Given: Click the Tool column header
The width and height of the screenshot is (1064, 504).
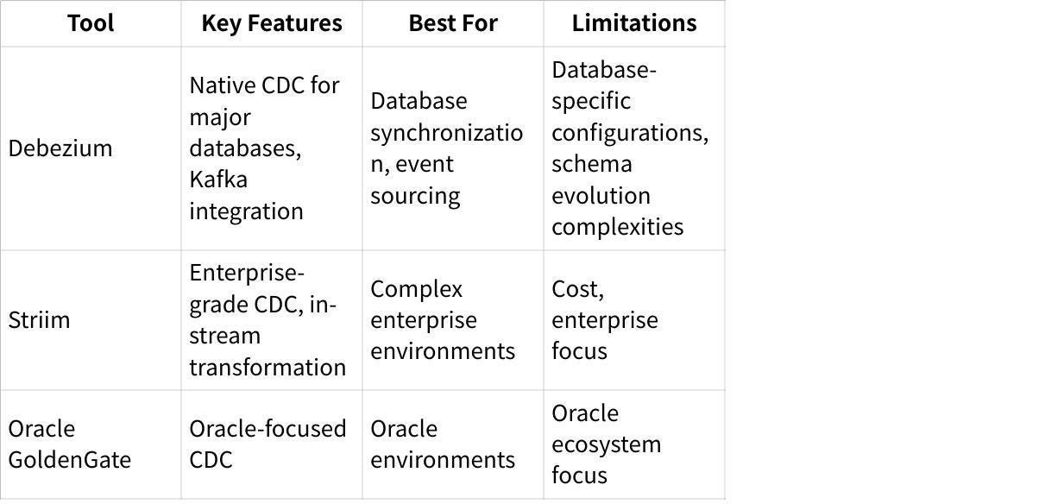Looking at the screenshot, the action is (91, 23).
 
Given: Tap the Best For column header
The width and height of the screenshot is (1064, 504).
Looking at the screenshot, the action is (453, 23).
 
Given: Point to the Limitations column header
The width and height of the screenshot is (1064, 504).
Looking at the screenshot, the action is (634, 23).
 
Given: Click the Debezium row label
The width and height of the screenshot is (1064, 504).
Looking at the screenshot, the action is (60, 148).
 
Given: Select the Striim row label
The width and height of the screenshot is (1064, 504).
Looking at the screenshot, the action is (39, 319).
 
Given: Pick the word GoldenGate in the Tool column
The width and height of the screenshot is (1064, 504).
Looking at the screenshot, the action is (69, 460).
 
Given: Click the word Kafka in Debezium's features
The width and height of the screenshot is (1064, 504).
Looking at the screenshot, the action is (218, 180).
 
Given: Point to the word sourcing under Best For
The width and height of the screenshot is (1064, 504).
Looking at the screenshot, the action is (415, 196).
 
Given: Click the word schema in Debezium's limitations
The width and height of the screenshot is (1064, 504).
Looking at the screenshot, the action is (592, 164).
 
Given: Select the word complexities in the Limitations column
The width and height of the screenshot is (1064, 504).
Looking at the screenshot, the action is (618, 228).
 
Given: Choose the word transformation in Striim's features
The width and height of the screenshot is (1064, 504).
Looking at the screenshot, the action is (268, 368).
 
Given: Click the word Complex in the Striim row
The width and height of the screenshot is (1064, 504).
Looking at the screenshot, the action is (416, 289).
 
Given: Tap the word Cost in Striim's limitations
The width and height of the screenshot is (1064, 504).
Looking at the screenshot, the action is (577, 289).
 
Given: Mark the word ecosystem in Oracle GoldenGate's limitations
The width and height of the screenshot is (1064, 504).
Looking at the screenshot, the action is (606, 445).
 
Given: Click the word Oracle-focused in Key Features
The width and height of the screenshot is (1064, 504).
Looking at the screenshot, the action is (268, 428).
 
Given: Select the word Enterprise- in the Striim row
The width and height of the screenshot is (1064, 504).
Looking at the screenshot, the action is (247, 273).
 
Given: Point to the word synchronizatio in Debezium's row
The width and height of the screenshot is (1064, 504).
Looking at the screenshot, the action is (446, 133).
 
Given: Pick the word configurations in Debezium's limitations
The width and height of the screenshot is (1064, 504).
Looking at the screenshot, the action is (630, 133).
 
